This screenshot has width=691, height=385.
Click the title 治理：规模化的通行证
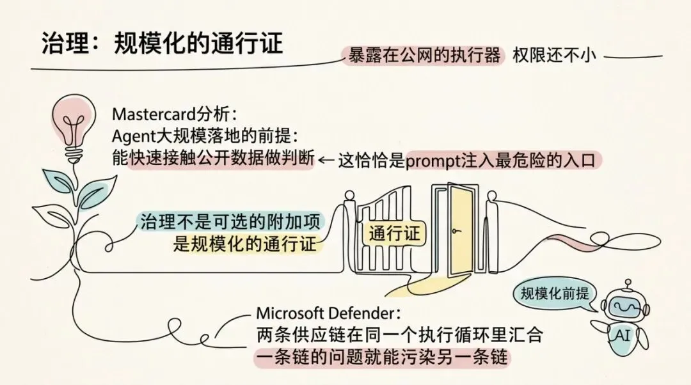(x=162, y=43)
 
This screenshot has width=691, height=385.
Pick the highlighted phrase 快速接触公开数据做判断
(x=221, y=159)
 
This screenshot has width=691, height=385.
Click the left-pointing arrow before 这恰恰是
(x=327, y=160)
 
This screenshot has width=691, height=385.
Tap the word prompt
(x=433, y=160)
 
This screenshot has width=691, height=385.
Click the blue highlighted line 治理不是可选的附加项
(x=232, y=222)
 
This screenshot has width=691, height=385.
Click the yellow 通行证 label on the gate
(x=395, y=233)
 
